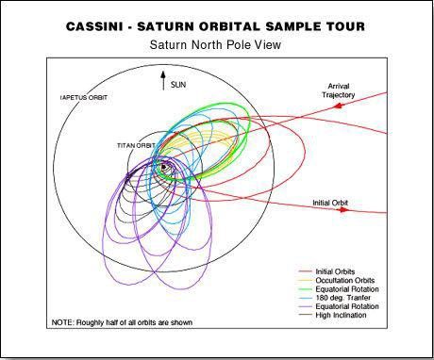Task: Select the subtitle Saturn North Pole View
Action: point(216,44)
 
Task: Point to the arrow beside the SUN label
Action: point(163,79)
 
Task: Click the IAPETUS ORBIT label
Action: point(83,95)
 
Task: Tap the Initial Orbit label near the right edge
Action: point(331,201)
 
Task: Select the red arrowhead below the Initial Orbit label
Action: point(342,210)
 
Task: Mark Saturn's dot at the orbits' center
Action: point(165,168)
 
